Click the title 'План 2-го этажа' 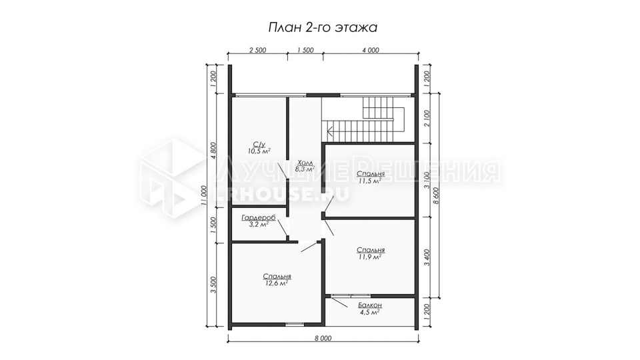coord(323,27)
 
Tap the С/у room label coord(259,144)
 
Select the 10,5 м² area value coord(259,151)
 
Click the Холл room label coord(305,162)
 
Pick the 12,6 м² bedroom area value coord(277,283)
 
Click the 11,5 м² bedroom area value coord(370,181)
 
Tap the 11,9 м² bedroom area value coord(370,257)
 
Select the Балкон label coord(370,305)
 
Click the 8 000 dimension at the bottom coord(323,338)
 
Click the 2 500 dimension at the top coord(257,50)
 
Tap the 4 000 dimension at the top coord(371,50)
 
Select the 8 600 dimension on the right coord(436,195)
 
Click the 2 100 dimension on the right coord(427,118)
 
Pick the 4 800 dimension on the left coord(213,150)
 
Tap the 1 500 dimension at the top coord(305,50)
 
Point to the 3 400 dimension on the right coord(427,257)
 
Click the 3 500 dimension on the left coord(213,285)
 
